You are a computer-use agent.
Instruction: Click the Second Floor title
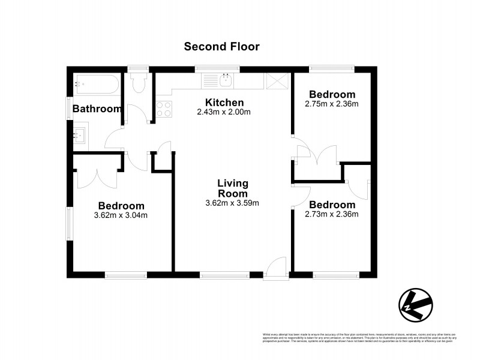(221, 47)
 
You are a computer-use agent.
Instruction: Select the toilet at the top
(139, 83)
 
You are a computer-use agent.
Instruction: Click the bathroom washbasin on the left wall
(80, 136)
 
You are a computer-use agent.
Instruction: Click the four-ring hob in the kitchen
(164, 109)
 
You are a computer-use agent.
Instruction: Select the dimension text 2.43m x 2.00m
(223, 112)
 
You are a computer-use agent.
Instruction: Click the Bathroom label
(97, 109)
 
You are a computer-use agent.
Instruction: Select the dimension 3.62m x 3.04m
(121, 215)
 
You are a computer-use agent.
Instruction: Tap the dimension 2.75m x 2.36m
(331, 104)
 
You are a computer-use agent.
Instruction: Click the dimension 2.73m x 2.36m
(331, 214)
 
